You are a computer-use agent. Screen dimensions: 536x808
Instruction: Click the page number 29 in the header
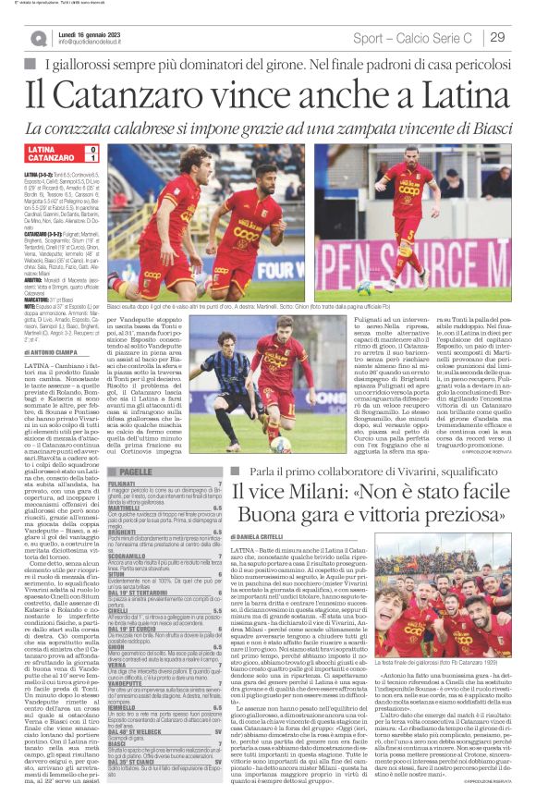(x=496, y=37)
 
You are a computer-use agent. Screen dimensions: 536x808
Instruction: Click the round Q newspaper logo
(x=38, y=38)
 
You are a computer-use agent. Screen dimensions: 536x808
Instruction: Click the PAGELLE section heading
(x=137, y=471)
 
